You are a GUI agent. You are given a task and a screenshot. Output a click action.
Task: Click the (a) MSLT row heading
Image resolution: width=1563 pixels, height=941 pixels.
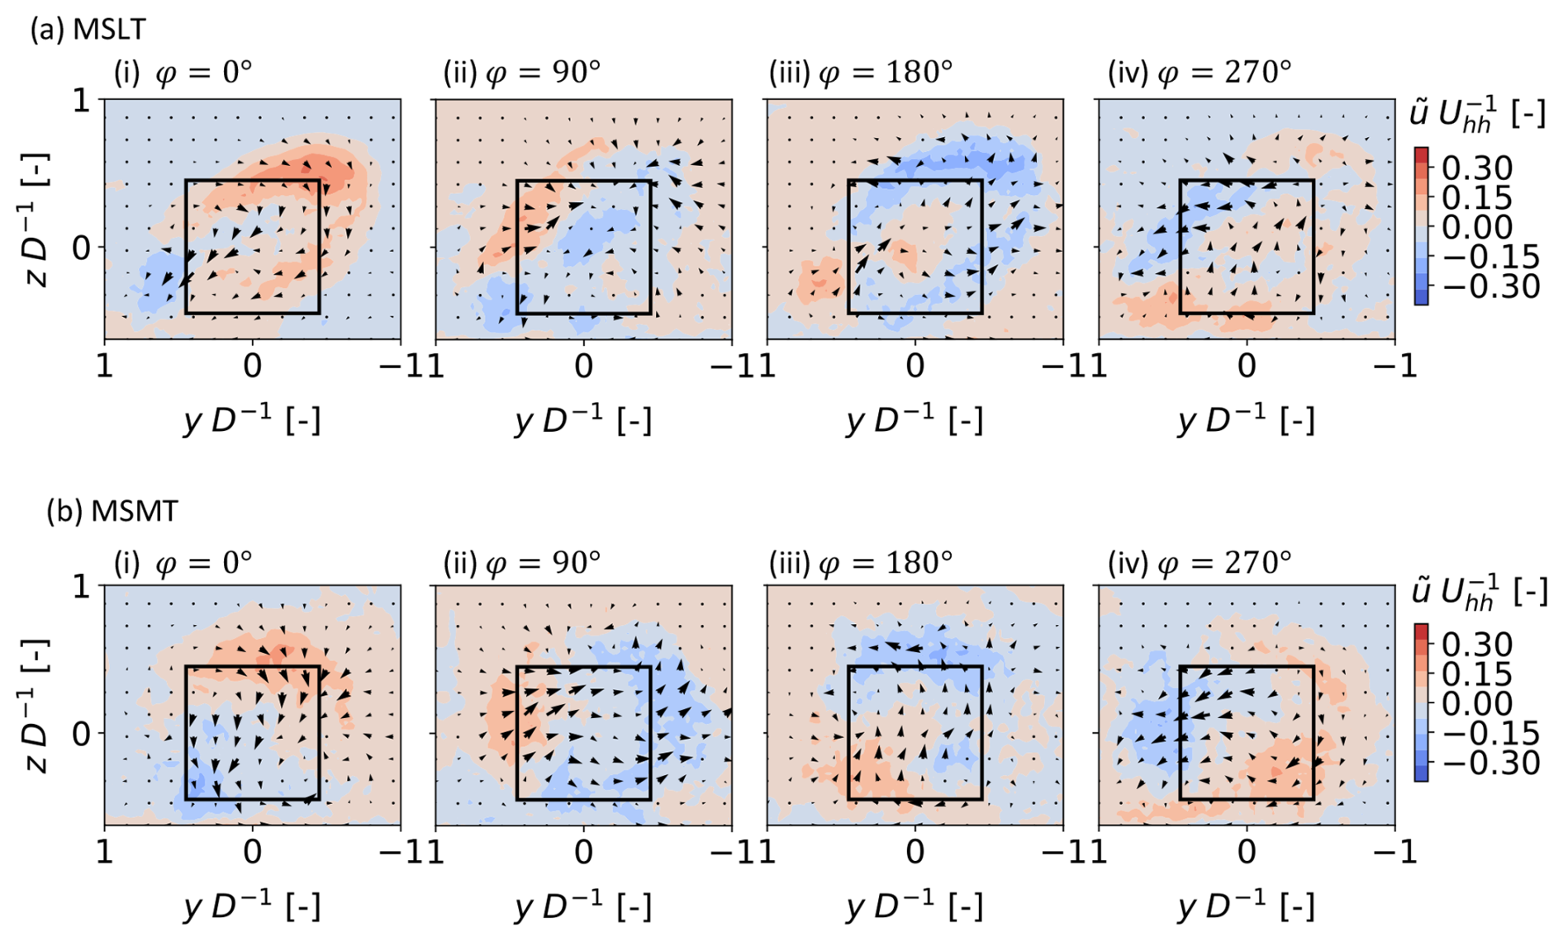pos(88,30)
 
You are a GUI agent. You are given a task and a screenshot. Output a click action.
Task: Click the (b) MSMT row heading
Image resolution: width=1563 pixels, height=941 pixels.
pos(112,511)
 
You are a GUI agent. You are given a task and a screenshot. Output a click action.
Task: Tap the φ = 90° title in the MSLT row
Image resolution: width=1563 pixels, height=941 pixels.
pos(522,73)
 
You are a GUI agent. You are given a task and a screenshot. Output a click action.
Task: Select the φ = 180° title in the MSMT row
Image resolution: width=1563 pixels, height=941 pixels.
pos(861,563)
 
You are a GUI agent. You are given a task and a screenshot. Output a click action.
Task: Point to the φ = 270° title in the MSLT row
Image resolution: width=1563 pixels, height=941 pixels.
pos(1200,73)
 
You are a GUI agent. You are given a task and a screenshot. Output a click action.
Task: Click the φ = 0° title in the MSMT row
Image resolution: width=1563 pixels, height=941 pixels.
pos(183,563)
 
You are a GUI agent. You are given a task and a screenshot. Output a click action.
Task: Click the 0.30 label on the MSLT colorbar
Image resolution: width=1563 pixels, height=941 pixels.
pos(1477,168)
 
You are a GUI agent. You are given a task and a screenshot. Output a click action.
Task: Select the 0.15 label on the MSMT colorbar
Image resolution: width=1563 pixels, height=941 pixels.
pos(1477,674)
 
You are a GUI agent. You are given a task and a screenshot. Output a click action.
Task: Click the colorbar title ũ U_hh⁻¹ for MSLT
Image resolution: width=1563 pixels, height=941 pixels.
pos(1477,115)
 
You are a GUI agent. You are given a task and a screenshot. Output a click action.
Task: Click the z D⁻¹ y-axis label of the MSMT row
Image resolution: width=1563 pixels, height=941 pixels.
pos(37,706)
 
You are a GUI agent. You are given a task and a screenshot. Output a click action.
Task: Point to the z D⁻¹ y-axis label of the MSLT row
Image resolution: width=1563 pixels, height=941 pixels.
pos(37,220)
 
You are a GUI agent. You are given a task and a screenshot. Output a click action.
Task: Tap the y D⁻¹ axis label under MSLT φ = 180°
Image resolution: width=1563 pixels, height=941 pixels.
pos(915,421)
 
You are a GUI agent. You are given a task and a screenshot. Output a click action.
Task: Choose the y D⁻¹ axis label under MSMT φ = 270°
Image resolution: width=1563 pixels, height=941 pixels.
pos(1246,907)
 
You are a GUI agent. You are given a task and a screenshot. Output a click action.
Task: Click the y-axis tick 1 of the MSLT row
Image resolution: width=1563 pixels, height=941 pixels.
pos(82,101)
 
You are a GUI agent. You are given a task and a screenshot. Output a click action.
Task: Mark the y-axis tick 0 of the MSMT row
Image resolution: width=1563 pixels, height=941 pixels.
pos(82,733)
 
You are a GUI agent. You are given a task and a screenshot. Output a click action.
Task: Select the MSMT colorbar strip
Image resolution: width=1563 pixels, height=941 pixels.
pos(1421,702)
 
